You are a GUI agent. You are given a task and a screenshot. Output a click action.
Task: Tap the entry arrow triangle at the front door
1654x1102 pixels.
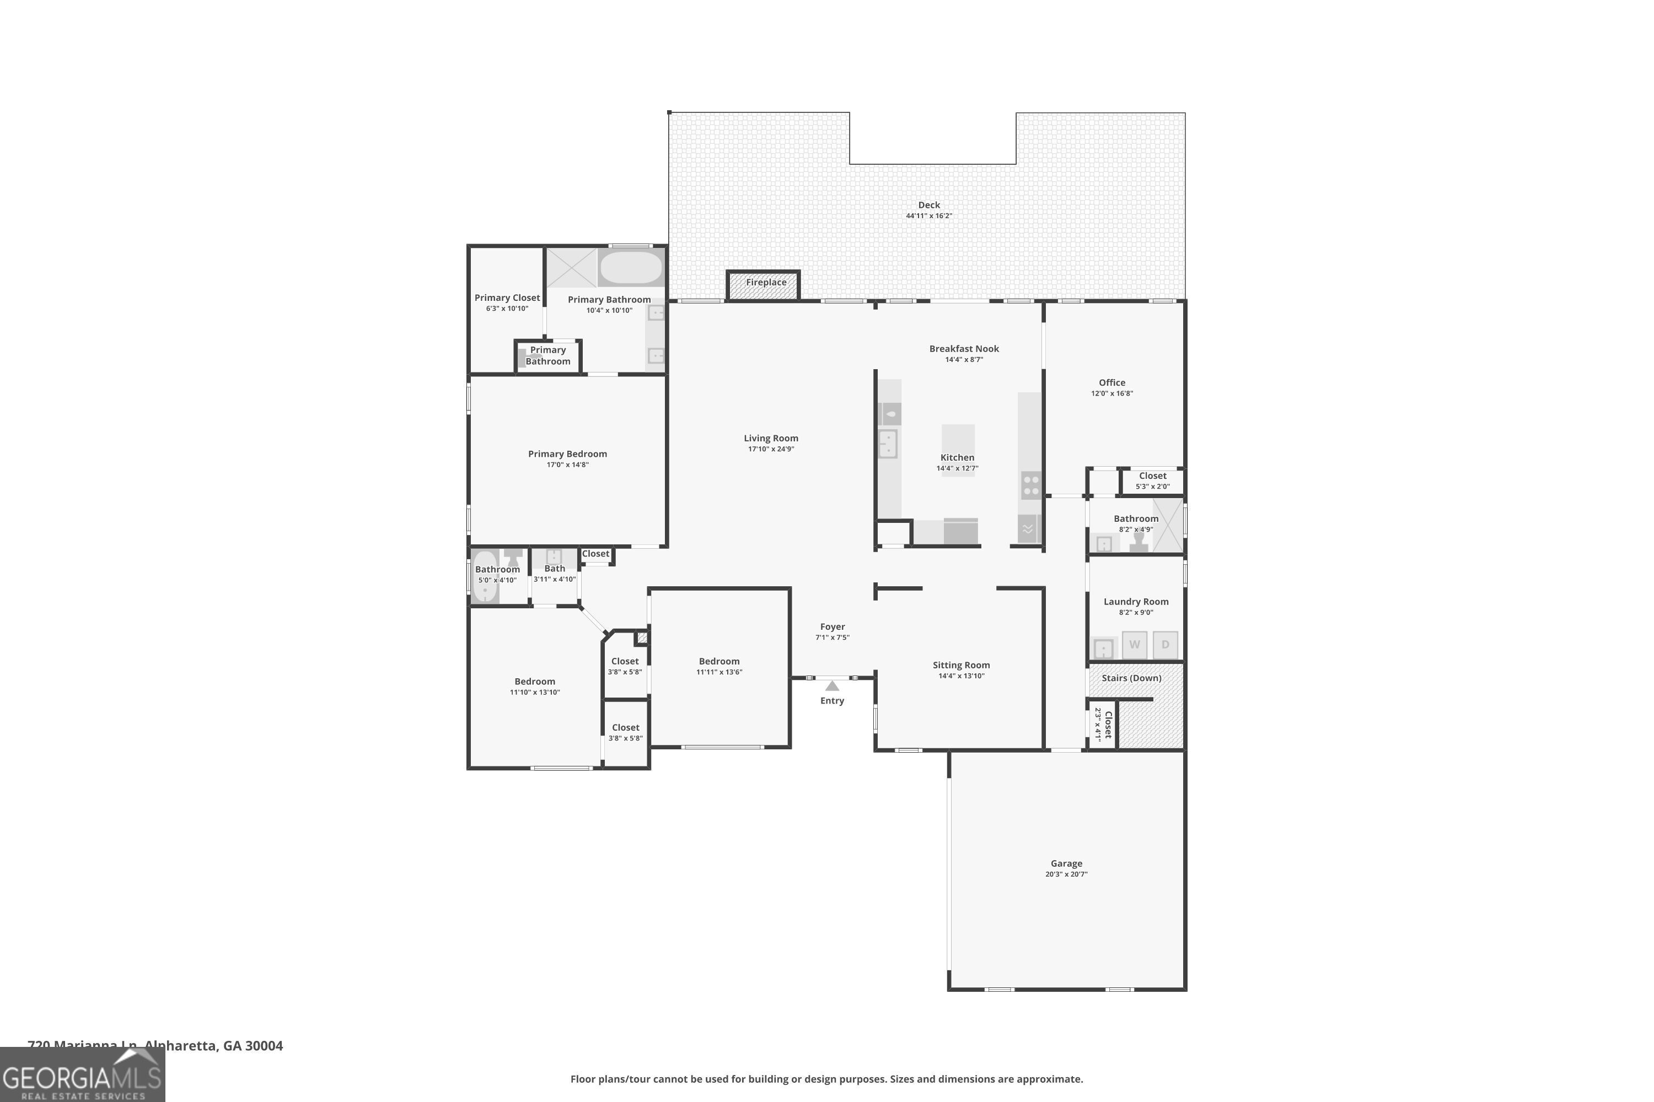pos(832,686)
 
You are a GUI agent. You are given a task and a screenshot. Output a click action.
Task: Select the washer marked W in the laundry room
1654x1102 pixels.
pos(1134,645)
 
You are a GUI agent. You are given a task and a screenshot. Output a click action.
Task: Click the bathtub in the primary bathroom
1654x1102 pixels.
pos(631,268)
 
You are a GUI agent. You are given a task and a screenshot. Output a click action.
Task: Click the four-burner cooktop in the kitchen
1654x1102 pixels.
pos(1031,485)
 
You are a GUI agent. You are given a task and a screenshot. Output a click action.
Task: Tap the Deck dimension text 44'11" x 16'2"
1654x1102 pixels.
pos(928,217)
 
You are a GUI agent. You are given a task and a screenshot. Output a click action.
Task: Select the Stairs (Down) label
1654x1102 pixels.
pos(1131,678)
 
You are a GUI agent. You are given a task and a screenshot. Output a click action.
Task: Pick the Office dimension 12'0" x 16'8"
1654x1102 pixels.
pos(1112,393)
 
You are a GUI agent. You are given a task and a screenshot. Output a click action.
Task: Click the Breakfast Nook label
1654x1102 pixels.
pos(963,349)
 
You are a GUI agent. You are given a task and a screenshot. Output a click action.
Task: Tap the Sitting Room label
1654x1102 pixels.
pos(960,665)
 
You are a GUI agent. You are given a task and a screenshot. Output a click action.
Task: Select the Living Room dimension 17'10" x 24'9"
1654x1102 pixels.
pos(771,449)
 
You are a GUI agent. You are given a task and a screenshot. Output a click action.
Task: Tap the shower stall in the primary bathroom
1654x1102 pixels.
pos(571,268)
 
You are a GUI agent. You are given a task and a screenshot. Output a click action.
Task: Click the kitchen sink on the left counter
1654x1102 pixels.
pos(888,444)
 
